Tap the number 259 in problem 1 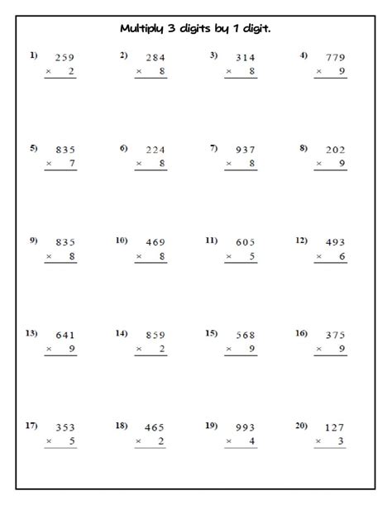64,58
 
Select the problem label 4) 304,55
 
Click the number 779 335,58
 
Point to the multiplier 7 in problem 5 72,164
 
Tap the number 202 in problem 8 334,150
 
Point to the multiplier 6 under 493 342,257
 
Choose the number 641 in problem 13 64,336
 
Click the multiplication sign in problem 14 139,350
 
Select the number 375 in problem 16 334,336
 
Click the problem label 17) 31,426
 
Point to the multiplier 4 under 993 252,442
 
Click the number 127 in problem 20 334,428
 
